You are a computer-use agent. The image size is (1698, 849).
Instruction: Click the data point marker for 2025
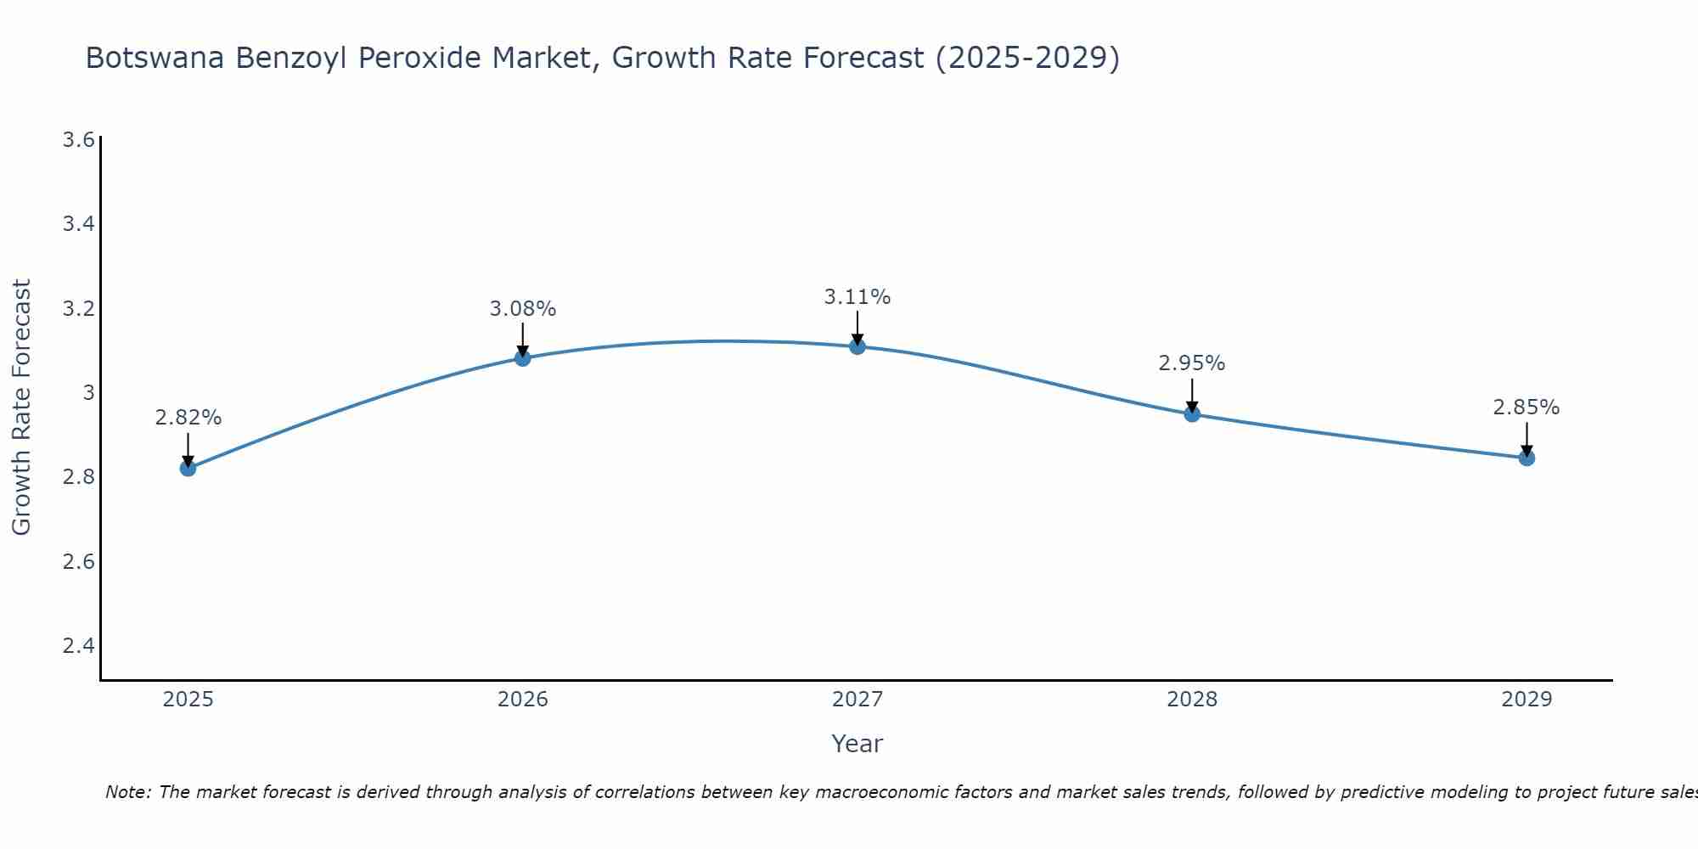pyautogui.click(x=188, y=468)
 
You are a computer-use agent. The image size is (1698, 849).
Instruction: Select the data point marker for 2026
pyautogui.click(x=522, y=358)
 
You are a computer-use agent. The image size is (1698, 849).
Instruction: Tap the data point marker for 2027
pyautogui.click(x=857, y=346)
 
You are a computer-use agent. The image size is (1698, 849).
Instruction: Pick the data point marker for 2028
pyautogui.click(x=1192, y=414)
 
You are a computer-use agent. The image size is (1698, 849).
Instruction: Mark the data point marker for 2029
pyautogui.click(x=1527, y=458)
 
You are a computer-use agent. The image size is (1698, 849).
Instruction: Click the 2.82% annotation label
pyautogui.click(x=188, y=418)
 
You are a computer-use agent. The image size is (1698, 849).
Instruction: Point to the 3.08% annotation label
pyautogui.click(x=522, y=309)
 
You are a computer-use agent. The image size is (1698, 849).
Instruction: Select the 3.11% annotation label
pyautogui.click(x=857, y=297)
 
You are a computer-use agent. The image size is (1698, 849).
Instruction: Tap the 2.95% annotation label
pyautogui.click(x=1192, y=363)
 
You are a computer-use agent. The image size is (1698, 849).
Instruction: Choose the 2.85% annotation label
pyautogui.click(x=1527, y=408)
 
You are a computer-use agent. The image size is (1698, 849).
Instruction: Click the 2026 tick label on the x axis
pyautogui.click(x=522, y=700)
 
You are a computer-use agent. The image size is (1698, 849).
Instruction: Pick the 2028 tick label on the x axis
pyautogui.click(x=1192, y=700)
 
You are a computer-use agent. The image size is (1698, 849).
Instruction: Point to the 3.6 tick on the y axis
pyautogui.click(x=78, y=139)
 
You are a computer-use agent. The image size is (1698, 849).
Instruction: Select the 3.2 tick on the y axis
pyautogui.click(x=78, y=308)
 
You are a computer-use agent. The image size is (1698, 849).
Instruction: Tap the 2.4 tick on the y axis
pyautogui.click(x=78, y=646)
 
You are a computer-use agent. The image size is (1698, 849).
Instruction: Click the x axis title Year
pyautogui.click(x=857, y=744)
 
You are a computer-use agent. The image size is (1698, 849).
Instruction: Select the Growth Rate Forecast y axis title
pyautogui.click(x=21, y=407)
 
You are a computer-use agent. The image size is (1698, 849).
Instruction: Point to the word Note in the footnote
pyautogui.click(x=127, y=792)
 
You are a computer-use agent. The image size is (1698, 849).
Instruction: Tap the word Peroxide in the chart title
pyautogui.click(x=479, y=58)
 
